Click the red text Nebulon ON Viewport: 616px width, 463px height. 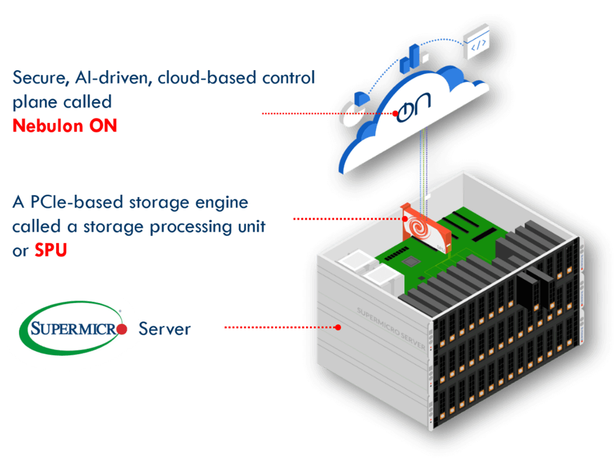(65, 126)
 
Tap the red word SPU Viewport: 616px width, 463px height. (51, 251)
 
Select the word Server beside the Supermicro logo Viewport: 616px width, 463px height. (165, 329)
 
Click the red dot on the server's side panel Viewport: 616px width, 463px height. (338, 328)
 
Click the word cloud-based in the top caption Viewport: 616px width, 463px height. (201, 78)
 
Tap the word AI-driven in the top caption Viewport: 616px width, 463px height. (111, 78)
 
